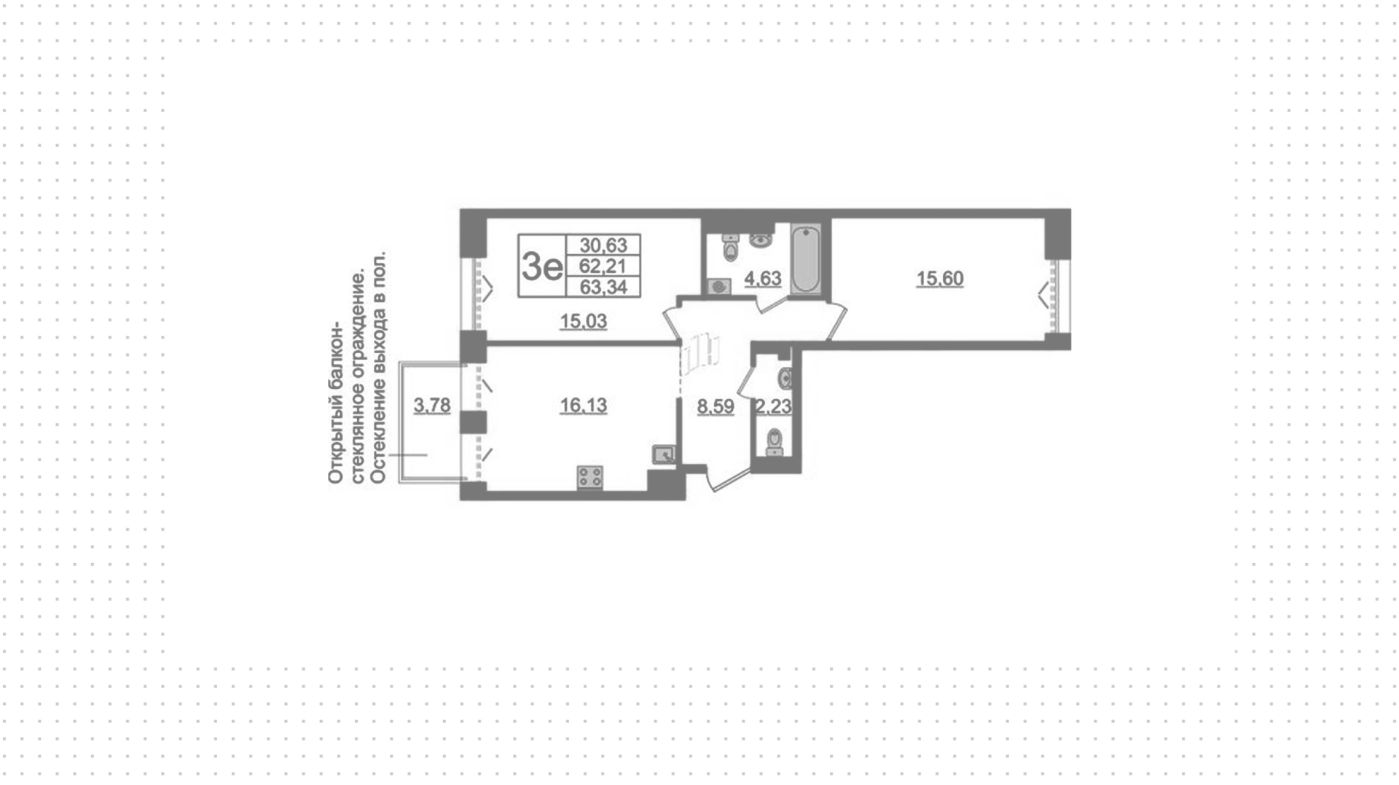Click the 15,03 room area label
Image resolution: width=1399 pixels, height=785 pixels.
[x=583, y=321]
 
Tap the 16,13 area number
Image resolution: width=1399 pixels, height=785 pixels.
[x=583, y=406]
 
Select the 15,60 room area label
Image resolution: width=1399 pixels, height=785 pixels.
[x=940, y=279]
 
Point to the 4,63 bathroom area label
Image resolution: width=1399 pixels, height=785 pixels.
[x=763, y=279]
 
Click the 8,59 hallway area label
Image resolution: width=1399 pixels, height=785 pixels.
[x=716, y=407]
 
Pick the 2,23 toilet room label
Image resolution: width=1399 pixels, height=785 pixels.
[x=773, y=407]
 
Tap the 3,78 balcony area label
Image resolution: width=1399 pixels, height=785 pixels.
[x=432, y=406]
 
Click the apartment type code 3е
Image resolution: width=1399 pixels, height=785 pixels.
[x=542, y=267]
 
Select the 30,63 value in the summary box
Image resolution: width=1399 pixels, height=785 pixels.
[x=603, y=245]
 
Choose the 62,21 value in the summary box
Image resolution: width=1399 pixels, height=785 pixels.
[x=603, y=266]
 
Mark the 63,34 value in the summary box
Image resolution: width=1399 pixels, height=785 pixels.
[x=603, y=287]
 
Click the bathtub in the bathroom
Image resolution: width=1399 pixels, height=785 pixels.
[x=806, y=260]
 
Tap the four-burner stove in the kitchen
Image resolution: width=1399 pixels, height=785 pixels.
[x=590, y=477]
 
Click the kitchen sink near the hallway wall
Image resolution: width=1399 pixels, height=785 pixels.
[x=664, y=455]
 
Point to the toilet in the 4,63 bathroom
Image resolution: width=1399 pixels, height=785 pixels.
[x=731, y=248]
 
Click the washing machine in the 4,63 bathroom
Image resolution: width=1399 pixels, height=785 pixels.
[x=719, y=287]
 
